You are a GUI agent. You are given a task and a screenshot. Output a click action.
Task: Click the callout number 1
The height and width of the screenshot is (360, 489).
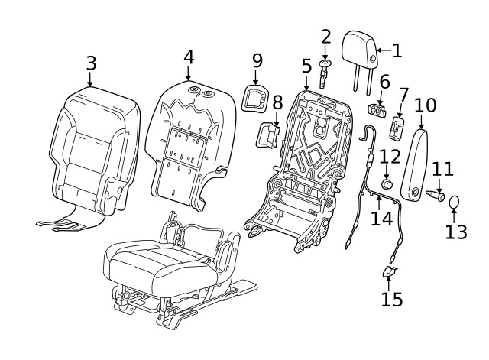(397, 51)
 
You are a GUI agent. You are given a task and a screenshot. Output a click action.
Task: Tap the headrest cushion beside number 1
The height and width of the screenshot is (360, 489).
(360, 48)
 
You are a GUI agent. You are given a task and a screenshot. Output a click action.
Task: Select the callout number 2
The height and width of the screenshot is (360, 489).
(326, 36)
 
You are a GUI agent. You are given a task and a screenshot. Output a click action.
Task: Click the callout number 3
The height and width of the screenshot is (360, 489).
(91, 63)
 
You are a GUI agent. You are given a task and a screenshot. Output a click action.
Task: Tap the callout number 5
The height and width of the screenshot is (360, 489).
(306, 66)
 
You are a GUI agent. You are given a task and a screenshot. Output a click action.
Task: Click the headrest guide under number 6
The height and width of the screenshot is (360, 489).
(377, 106)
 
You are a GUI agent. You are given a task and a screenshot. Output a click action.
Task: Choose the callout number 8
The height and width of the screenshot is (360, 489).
(277, 101)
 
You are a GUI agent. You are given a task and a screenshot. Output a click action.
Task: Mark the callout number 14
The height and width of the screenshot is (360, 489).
(381, 218)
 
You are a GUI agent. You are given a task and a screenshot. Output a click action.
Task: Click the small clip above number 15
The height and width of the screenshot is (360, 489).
(388, 271)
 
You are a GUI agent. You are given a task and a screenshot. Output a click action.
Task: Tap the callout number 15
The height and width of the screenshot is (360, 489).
(390, 299)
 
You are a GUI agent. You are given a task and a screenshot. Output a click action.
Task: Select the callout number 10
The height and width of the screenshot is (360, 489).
(425, 105)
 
